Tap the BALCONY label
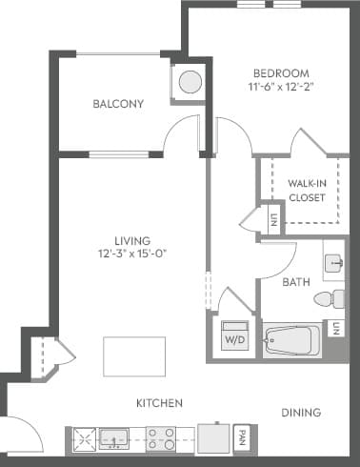[118, 104]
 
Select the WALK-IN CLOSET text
[307, 191]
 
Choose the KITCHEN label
[158, 403]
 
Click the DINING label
[300, 413]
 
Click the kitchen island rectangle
[129, 356]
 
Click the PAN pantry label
[243, 439]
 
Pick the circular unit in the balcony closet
[189, 81]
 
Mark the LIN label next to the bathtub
[337, 329]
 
